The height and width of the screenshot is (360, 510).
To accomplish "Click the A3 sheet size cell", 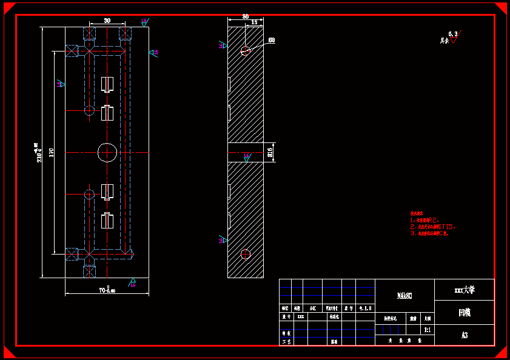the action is pyautogui.click(x=465, y=335).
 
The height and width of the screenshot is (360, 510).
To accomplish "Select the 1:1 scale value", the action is pyautogui.click(x=427, y=330).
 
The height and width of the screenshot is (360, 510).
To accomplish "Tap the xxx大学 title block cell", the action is pyautogui.click(x=465, y=290).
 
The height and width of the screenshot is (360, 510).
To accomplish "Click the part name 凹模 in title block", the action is pyautogui.click(x=465, y=313).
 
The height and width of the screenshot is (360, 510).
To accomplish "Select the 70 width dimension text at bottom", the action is pyautogui.click(x=107, y=290).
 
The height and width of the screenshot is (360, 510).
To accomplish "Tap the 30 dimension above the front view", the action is pyautogui.click(x=107, y=21).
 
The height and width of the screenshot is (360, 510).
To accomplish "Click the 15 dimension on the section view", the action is pyautogui.click(x=253, y=22).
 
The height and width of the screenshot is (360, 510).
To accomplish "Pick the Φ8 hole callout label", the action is pyautogui.click(x=271, y=41).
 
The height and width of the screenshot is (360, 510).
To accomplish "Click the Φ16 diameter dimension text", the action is pyautogui.click(x=270, y=152).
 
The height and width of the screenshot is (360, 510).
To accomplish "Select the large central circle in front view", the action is pyautogui.click(x=107, y=152).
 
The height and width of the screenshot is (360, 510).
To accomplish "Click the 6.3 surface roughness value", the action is pyautogui.click(x=452, y=34).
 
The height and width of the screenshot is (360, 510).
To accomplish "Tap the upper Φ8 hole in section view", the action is pyautogui.click(x=245, y=50).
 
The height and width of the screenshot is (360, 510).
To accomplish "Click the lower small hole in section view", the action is pyautogui.click(x=245, y=254).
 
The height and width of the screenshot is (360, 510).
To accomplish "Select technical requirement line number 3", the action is pyautogui.click(x=429, y=233).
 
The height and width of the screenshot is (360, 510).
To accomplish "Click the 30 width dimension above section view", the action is pyautogui.click(x=245, y=17).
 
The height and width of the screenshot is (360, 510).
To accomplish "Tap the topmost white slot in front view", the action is pyautogui.click(x=107, y=84).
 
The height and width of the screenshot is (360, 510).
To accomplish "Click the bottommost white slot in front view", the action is pyautogui.click(x=107, y=221).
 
